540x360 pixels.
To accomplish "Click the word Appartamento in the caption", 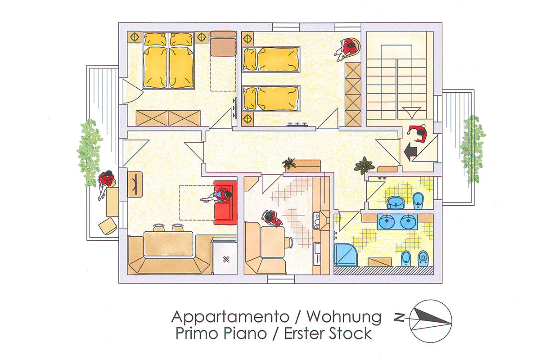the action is click(x=230, y=317).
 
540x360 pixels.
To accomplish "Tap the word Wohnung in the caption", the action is click(x=344, y=317).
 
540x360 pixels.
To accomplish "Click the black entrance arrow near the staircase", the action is click(x=410, y=152).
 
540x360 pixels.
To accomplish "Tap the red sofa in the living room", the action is click(x=225, y=203).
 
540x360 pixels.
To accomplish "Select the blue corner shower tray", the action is click(x=346, y=255).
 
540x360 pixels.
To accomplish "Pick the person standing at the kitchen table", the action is click(x=272, y=218).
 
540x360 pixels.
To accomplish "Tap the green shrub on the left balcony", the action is click(x=89, y=153).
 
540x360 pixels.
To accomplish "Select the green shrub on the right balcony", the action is click(x=473, y=149).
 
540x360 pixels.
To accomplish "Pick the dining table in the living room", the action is click(x=168, y=244).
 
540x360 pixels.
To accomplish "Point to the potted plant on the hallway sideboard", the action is click(x=289, y=163).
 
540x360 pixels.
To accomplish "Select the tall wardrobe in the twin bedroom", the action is click(x=353, y=94).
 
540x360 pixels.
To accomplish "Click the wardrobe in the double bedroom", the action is click(x=168, y=118).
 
